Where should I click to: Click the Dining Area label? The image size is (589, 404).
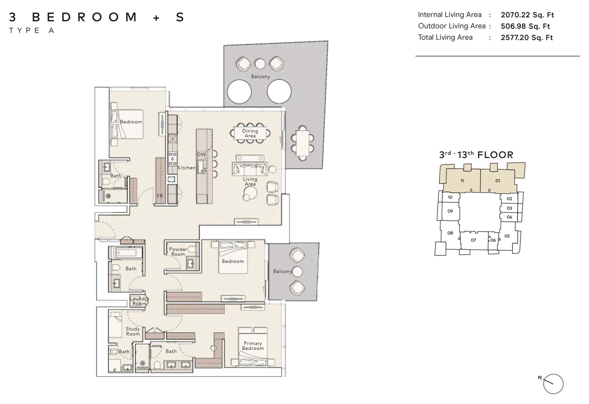pyautogui.click(x=250, y=133)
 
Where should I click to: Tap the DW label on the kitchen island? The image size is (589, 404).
pyautogui.click(x=201, y=154)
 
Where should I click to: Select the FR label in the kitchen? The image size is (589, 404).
pyautogui.click(x=160, y=196)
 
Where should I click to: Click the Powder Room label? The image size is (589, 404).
pyautogui.click(x=178, y=251)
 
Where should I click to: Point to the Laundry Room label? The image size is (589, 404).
pyautogui.click(x=139, y=301)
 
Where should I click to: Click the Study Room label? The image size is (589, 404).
pyautogui.click(x=133, y=331)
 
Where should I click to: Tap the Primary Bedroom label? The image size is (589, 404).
pyautogui.click(x=253, y=346)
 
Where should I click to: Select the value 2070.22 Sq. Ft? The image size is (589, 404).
pyautogui.click(x=527, y=15)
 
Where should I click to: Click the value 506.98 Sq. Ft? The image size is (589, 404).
pyautogui.click(x=525, y=26)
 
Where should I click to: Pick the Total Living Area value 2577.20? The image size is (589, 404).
pyautogui.click(x=527, y=38)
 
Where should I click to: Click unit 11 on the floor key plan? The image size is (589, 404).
pyautogui.click(x=462, y=181)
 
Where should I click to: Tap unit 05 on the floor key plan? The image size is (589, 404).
pyautogui.click(x=507, y=236)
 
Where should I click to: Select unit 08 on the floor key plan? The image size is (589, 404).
pyautogui.click(x=450, y=233)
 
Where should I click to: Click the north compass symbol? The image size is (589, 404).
pyautogui.click(x=553, y=384)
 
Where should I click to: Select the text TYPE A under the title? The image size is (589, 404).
pyautogui.click(x=31, y=31)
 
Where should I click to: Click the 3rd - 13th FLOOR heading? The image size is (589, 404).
pyautogui.click(x=476, y=155)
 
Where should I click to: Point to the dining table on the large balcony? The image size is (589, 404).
pyautogui.click(x=303, y=143)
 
